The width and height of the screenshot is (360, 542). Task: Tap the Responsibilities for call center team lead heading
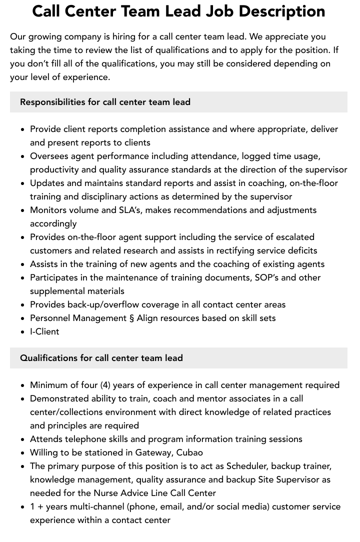pyautogui.click(x=105, y=102)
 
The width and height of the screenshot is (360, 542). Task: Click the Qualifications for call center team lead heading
pyautogui.click(x=101, y=358)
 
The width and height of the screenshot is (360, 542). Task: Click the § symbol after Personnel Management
pyautogui.click(x=131, y=318)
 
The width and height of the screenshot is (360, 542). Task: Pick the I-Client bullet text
pyautogui.click(x=44, y=331)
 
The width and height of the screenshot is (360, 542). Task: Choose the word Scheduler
pyautogui.click(x=247, y=466)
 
